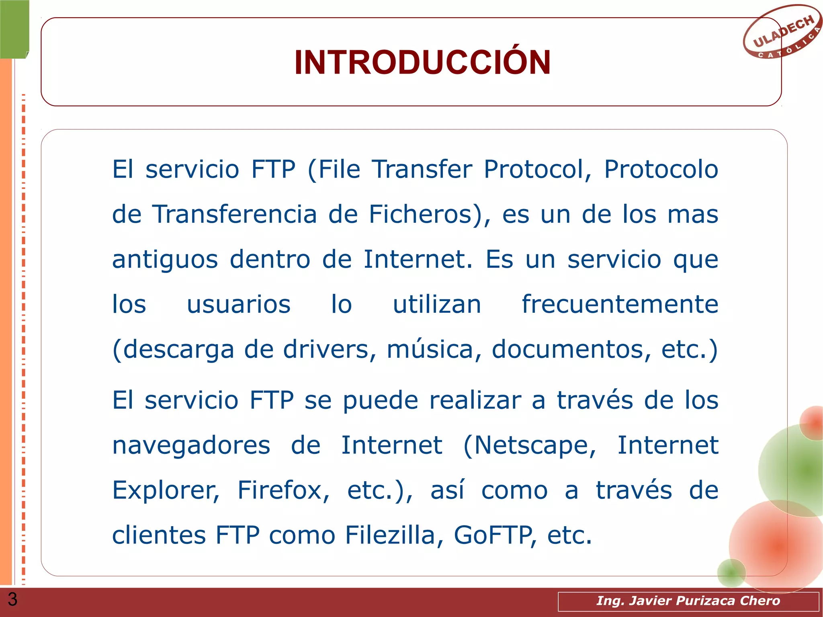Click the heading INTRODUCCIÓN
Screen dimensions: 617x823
[422, 63]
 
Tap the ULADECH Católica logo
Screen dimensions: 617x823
[782, 32]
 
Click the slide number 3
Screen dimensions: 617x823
[12, 599]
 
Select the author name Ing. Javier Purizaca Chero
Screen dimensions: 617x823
[688, 601]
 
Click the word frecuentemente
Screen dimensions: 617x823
[620, 304]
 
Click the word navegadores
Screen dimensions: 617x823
[191, 446]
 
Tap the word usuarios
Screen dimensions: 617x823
[239, 304]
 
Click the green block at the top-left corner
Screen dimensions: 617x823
[14, 29]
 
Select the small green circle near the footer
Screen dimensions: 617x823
[731, 572]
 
